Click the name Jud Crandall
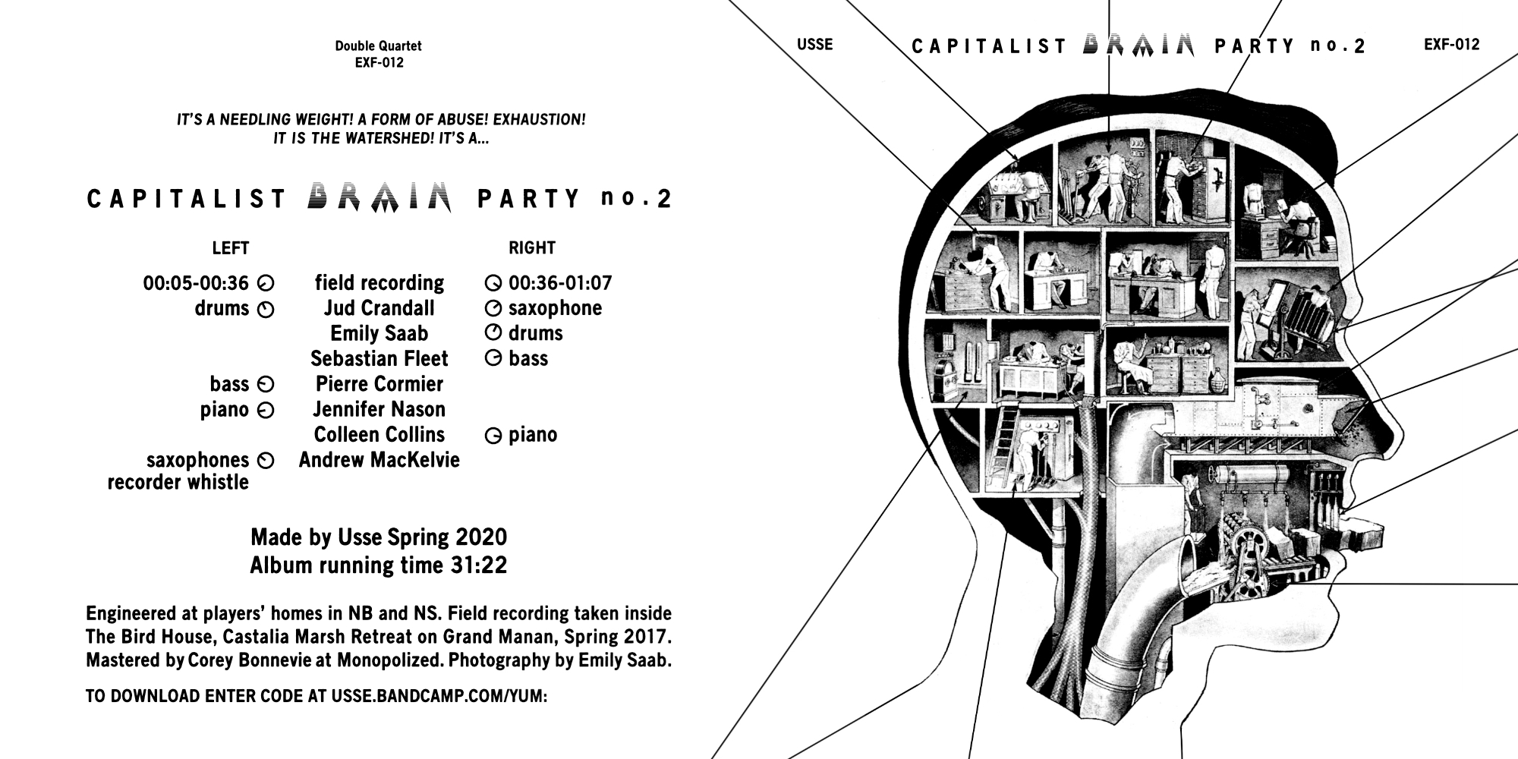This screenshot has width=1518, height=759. pos(379,308)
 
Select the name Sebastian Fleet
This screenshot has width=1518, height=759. pos(379,358)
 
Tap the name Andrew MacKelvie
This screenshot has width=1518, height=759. pos(379,460)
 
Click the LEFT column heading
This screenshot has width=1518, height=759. pos(231,248)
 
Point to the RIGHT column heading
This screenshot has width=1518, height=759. pos(532,248)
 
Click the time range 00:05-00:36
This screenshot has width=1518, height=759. pos(196,283)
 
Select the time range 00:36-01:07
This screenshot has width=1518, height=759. pos(560,283)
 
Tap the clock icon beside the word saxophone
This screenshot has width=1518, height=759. pos(493,309)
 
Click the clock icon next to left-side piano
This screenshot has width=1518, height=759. pos(266,411)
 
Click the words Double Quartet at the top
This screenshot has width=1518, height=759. pos(378,46)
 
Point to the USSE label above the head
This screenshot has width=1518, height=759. pos(815,45)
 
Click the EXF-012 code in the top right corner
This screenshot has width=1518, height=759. pos(1452,45)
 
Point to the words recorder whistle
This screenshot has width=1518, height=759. pos(178,483)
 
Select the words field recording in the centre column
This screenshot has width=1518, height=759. pos(379,283)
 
